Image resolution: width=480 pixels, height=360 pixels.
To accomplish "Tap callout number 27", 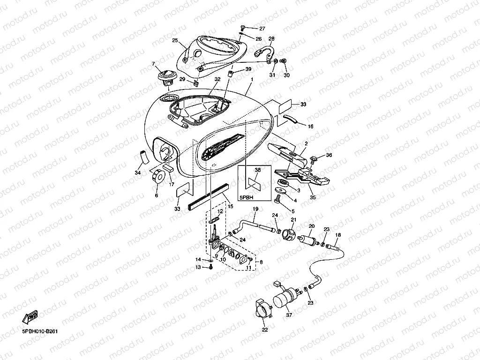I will click(x=262, y=29).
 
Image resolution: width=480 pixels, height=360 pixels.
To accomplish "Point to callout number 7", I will click(x=152, y=64).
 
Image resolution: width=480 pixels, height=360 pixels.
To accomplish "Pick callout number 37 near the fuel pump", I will click(x=289, y=315).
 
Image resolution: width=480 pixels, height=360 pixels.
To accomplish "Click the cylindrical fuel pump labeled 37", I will click(x=286, y=298).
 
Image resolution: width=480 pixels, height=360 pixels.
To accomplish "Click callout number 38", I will click(x=257, y=170).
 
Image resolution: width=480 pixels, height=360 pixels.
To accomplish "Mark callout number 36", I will click(x=329, y=155).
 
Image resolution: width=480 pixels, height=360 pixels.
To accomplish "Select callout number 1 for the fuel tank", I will click(x=251, y=80).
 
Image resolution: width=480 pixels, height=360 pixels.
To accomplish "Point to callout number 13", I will click(x=198, y=267).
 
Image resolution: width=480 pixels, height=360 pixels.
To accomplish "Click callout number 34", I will click(x=138, y=173).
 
